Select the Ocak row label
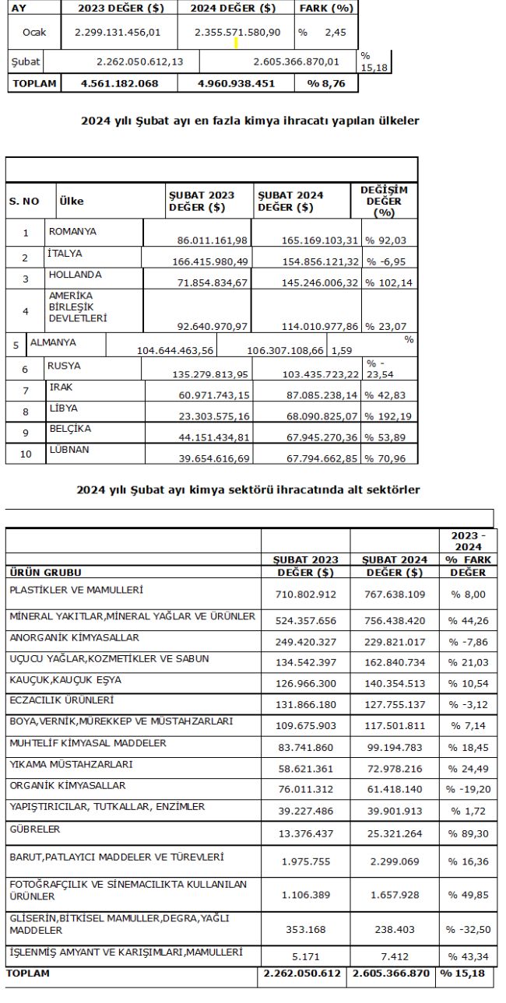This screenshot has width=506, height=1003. click(34, 33)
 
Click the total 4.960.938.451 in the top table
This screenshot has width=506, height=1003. click(236, 83)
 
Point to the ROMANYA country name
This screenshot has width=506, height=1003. click(72, 231)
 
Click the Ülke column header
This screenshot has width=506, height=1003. click(72, 201)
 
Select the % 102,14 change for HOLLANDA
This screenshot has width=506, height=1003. click(387, 282)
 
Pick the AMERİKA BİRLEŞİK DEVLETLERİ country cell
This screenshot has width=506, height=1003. click(79, 307)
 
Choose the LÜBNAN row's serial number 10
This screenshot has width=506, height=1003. click(26, 454)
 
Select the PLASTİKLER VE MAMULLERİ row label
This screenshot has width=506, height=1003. click(76, 591)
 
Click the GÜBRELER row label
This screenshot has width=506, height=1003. click(35, 829)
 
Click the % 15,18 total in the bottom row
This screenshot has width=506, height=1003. click(465, 973)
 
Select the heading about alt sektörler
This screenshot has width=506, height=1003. click(248, 489)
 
